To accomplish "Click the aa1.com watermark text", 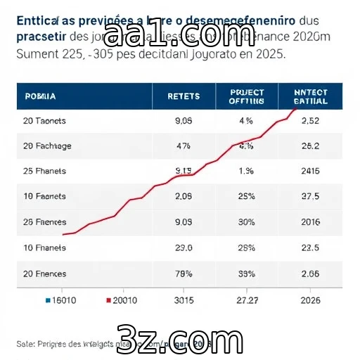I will pyautogui.click(x=181, y=34).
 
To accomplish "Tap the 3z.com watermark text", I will pyautogui.click(x=181, y=335).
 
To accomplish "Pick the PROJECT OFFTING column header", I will pyautogui.click(x=246, y=96).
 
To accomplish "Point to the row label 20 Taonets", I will pyautogui.click(x=44, y=121).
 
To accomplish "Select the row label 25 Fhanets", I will pyautogui.click(x=44, y=171).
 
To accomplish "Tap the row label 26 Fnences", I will pyautogui.click(x=45, y=222).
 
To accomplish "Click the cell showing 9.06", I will pyautogui.click(x=183, y=121).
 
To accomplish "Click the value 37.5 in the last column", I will pyautogui.click(x=309, y=197).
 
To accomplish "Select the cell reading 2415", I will pyautogui.click(x=309, y=171).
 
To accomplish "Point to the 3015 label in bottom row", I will pyautogui.click(x=183, y=300).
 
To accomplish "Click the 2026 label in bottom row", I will pyautogui.click(x=309, y=300).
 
